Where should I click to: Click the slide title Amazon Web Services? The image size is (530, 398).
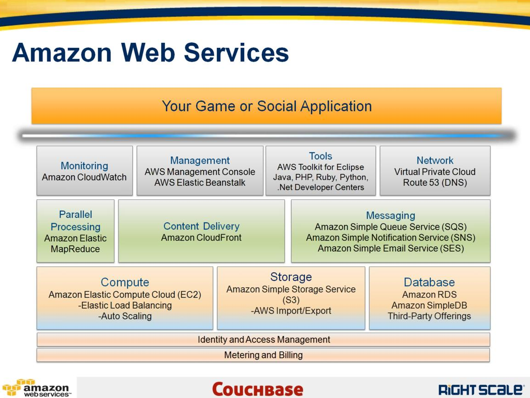(150, 52)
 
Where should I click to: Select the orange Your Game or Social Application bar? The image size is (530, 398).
(266, 106)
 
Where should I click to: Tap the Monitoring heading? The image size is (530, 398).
(84, 166)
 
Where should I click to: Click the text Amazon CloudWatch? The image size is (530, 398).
(84, 177)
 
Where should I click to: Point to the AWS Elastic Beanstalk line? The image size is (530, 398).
(200, 183)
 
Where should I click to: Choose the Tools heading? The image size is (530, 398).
(320, 156)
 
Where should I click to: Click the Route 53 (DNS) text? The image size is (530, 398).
(434, 183)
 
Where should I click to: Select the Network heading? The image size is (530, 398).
(434, 161)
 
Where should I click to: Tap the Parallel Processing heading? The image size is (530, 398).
(75, 220)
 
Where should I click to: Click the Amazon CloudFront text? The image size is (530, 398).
(201, 238)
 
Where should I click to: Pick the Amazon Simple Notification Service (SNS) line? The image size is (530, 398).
(390, 237)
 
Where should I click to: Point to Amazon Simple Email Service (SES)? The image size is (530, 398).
(390, 248)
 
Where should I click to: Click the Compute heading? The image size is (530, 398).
(125, 282)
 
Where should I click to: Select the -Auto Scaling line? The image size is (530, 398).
(125, 316)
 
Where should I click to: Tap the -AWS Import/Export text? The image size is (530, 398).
(291, 311)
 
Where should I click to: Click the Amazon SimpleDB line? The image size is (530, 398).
(429, 306)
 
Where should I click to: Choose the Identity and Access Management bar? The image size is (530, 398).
(263, 340)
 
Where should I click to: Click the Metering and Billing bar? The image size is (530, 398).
(263, 355)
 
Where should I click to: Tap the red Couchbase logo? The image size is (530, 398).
(257, 389)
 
